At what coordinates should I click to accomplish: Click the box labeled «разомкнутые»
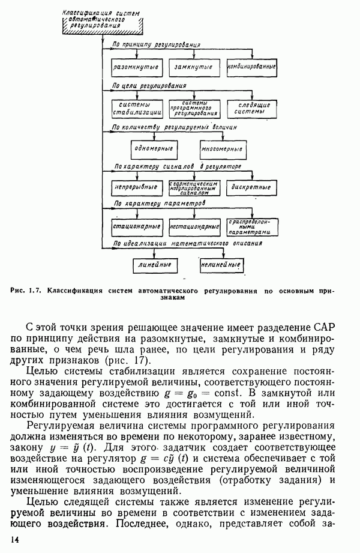pyautogui.click(x=136, y=65)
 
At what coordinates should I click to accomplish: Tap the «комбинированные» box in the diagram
pyautogui.click(x=252, y=65)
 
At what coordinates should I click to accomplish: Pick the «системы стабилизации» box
pyautogui.click(x=136, y=107)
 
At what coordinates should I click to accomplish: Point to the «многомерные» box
pyautogui.click(x=223, y=148)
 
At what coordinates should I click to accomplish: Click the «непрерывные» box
pyautogui.click(x=136, y=187)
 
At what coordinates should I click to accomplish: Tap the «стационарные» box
pyautogui.click(x=136, y=226)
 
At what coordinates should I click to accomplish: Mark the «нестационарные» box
pyautogui.click(x=194, y=226)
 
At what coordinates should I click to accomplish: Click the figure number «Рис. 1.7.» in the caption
pyautogui.click(x=26, y=291)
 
